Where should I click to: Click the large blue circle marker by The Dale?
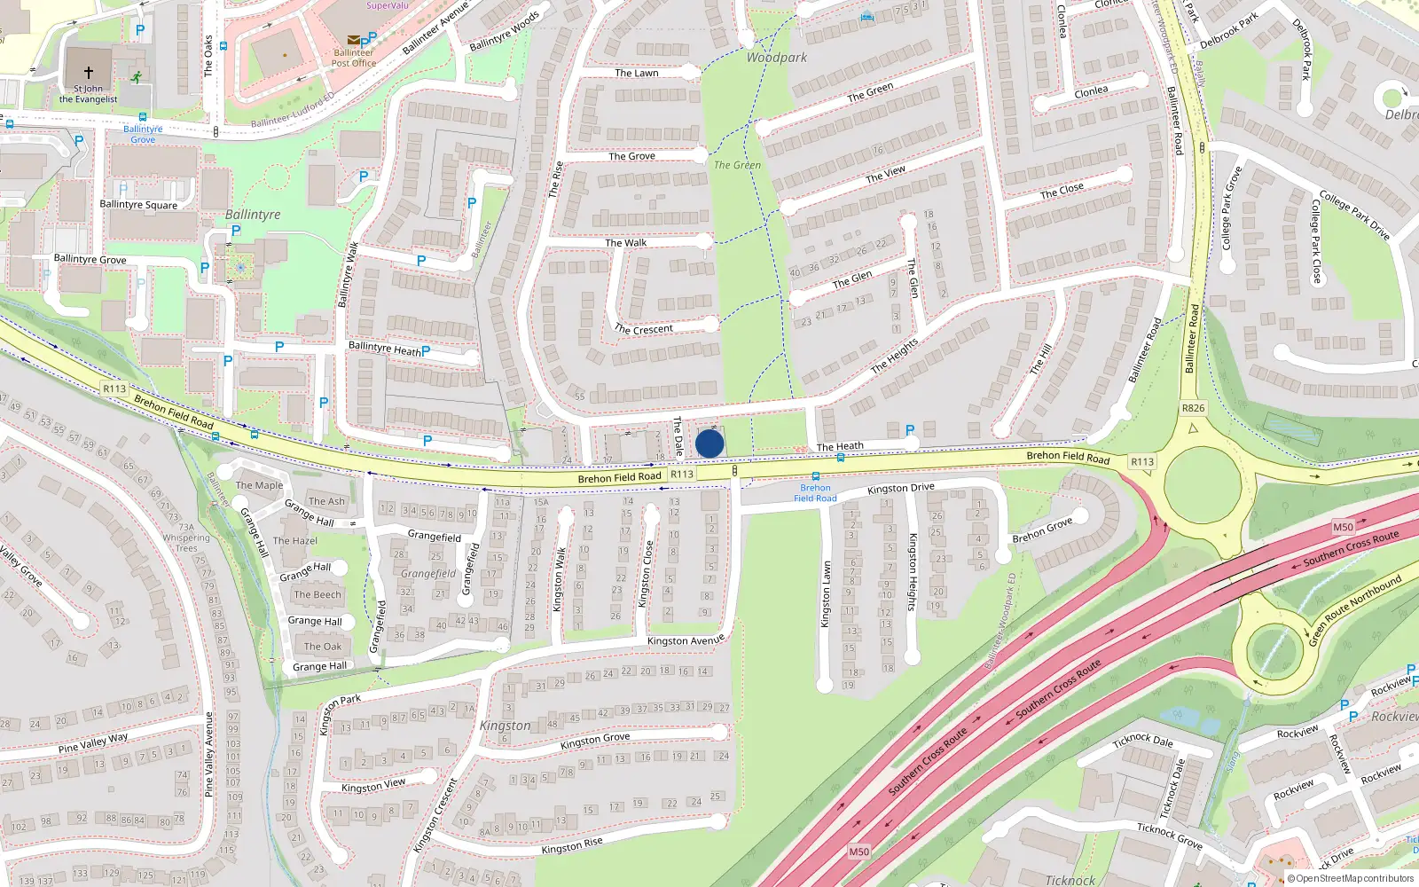[x=709, y=443]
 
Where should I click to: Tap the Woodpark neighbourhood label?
[x=777, y=58]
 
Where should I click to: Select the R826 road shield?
[x=1193, y=408]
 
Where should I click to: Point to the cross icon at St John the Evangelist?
[x=89, y=72]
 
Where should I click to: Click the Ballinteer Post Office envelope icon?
[x=354, y=40]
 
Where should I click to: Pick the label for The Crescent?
[x=644, y=329]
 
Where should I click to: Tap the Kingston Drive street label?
[x=900, y=488]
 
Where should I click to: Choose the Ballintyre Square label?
[x=138, y=205]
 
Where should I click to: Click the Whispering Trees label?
[x=186, y=543]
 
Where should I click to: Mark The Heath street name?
[x=840, y=446]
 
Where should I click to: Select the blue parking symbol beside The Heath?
[x=910, y=430]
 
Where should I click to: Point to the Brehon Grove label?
[x=1042, y=530]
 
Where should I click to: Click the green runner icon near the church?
[x=136, y=77]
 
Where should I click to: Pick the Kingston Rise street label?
[x=572, y=845]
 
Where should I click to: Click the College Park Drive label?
[x=1354, y=214]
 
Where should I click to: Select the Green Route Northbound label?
[x=1355, y=609]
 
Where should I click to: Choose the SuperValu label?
[x=388, y=5]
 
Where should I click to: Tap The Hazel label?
[x=295, y=540]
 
